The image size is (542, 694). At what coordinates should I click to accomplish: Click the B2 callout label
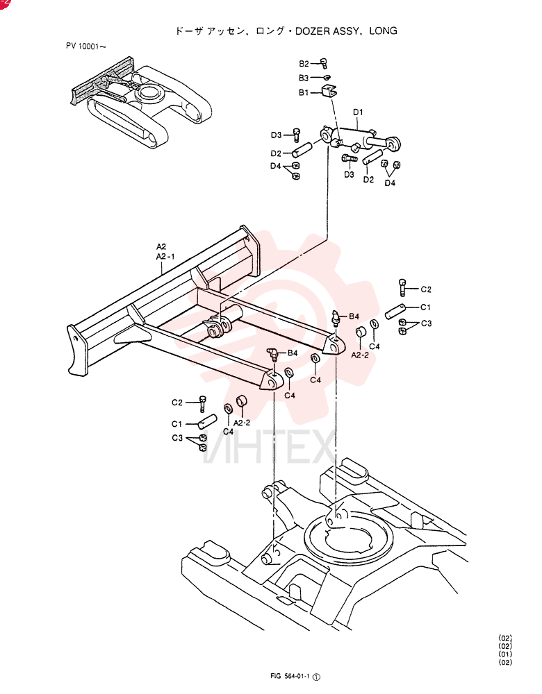tap(304, 64)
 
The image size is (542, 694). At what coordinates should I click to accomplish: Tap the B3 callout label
tap(304, 78)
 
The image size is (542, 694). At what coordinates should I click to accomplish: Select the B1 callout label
tap(304, 93)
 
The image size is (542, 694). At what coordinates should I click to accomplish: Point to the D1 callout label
tap(358, 112)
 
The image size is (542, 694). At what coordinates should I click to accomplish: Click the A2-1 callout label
tap(165, 257)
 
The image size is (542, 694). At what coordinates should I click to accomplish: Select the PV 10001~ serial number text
tap(86, 46)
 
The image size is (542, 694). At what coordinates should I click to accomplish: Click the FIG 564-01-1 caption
tap(290, 676)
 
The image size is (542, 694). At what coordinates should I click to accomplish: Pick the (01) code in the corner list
tap(505, 654)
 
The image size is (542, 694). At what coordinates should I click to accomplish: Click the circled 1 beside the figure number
tap(316, 677)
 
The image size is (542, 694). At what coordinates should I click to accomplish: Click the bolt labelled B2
tap(325, 63)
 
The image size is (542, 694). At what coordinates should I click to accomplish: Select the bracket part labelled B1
tap(328, 92)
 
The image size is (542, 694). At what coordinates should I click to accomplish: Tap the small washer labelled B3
tap(327, 78)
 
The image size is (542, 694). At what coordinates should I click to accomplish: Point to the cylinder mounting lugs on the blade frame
tap(220, 327)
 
